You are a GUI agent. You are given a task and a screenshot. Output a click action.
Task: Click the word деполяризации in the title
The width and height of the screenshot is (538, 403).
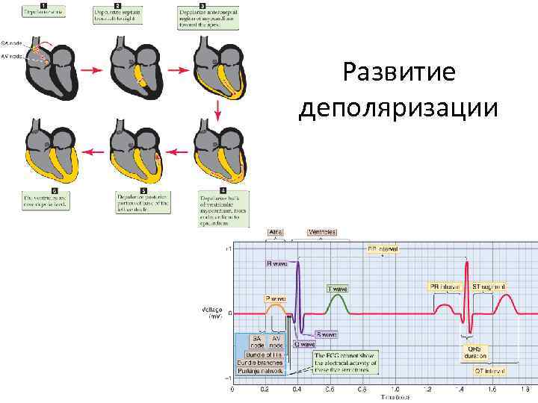click(397, 107)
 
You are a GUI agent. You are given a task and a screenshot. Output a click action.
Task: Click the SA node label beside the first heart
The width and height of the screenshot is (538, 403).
click(12, 43)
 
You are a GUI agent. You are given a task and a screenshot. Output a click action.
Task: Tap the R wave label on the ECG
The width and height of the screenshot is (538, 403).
click(276, 263)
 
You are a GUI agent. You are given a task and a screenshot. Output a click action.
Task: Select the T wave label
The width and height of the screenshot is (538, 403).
click(337, 288)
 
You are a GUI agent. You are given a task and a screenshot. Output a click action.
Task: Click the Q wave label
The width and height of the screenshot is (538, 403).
click(305, 345)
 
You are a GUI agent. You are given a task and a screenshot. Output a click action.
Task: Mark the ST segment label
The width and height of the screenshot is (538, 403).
click(492, 286)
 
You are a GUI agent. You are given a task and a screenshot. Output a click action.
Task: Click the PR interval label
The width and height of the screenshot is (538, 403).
click(445, 286)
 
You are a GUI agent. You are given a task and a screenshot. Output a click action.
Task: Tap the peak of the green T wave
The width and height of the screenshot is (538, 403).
click(338, 296)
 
